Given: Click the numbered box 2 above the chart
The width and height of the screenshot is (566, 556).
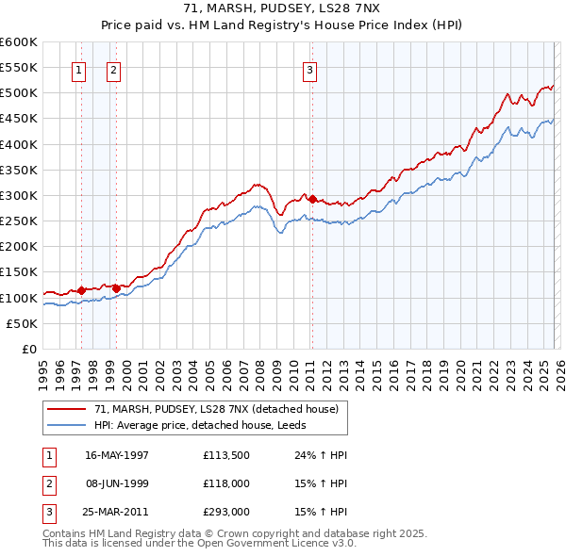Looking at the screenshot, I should (112, 68).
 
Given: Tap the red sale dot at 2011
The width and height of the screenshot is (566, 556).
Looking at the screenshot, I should (312, 199).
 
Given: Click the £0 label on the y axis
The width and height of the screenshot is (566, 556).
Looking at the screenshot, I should (28, 350).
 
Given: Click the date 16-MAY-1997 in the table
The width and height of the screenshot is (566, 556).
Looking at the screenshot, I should (117, 455).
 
